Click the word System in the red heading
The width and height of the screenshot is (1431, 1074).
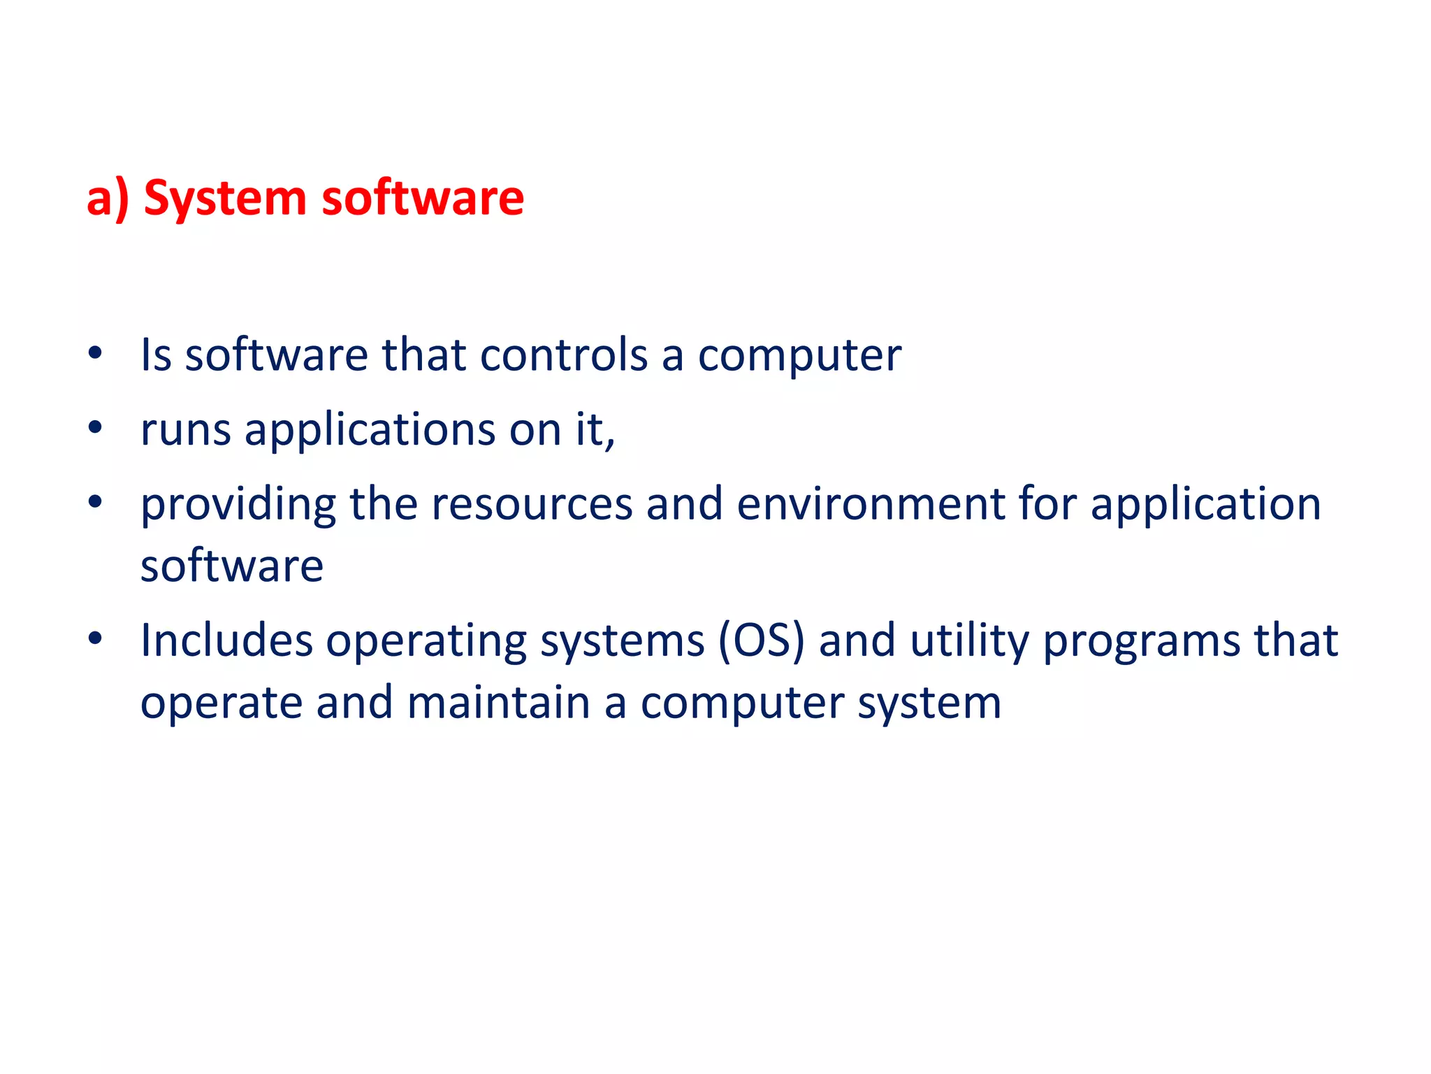(225, 199)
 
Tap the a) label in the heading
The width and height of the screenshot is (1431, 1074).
(108, 199)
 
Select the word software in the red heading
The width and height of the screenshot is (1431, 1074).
(422, 197)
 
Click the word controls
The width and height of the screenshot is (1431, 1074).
(564, 355)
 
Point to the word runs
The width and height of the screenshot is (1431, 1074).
(185, 429)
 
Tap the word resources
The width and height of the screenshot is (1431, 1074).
(532, 504)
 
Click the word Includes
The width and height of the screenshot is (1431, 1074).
(226, 640)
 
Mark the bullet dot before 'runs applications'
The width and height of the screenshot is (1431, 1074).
(96, 427)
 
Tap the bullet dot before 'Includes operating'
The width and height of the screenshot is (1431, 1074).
(96, 638)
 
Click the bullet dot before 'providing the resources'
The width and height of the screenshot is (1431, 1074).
(96, 501)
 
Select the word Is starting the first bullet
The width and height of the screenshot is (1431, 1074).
(156, 355)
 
